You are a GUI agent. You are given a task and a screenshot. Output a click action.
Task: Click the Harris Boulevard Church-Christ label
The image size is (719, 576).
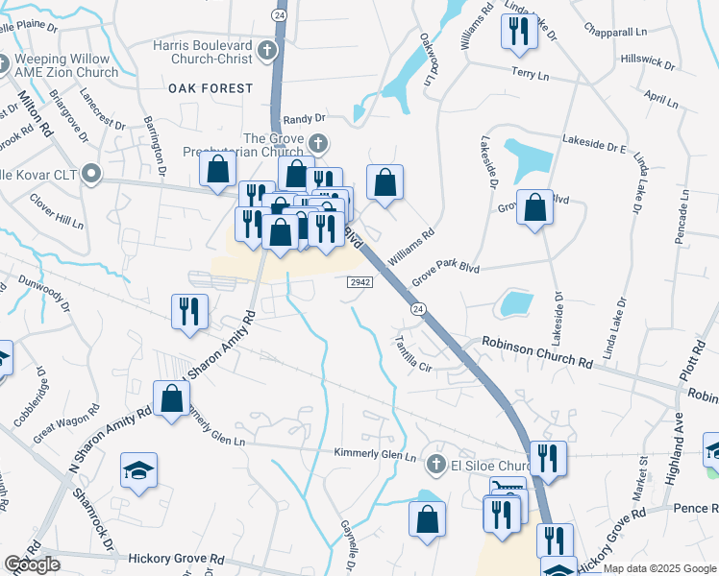(x=204, y=52)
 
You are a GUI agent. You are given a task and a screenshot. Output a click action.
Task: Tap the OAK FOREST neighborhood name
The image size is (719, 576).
(x=211, y=88)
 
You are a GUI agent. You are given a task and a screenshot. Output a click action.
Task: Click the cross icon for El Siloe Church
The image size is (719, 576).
(x=435, y=465)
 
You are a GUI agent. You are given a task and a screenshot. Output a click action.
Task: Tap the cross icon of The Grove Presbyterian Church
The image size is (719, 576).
(x=318, y=144)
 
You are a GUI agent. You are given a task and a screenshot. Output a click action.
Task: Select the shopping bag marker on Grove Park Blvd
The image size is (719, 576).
(x=534, y=206)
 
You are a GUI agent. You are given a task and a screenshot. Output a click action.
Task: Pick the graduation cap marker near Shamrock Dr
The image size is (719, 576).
(x=138, y=470)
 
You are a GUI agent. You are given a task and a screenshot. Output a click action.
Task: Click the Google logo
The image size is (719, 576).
(x=32, y=564)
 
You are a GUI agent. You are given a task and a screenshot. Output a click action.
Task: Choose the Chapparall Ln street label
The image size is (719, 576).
(x=633, y=31)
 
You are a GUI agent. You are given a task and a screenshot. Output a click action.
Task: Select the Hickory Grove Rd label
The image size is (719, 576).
(x=176, y=557)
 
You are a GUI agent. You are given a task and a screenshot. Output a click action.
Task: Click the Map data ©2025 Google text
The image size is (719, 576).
(x=660, y=568)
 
